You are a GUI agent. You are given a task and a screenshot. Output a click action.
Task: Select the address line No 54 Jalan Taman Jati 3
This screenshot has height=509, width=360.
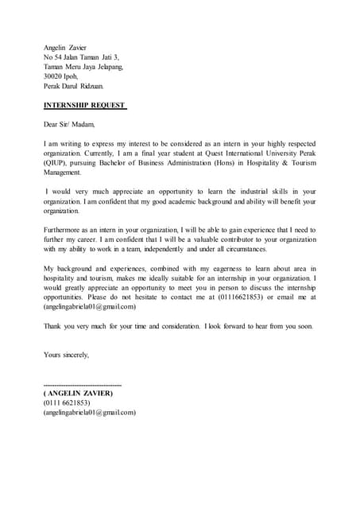(81, 57)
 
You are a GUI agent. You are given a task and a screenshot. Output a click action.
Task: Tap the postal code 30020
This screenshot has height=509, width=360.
(53, 76)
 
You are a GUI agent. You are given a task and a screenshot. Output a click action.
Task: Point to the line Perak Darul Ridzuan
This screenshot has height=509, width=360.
(73, 86)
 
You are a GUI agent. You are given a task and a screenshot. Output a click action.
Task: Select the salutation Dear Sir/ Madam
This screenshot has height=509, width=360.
(69, 124)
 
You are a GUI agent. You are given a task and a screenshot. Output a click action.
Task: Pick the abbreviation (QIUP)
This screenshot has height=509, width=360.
(56, 162)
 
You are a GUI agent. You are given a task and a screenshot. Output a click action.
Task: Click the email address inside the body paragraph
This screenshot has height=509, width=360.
(90, 306)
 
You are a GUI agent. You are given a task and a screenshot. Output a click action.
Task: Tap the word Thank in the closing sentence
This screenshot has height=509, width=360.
(54, 326)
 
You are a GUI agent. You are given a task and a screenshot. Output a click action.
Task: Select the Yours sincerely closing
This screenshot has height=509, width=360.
(66, 355)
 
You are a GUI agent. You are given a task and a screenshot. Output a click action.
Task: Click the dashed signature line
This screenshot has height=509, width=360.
(83, 384)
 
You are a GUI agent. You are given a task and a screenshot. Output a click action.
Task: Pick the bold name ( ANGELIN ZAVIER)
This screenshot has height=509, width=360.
(78, 394)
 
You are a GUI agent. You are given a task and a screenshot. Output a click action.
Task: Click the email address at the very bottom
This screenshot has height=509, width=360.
(90, 413)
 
